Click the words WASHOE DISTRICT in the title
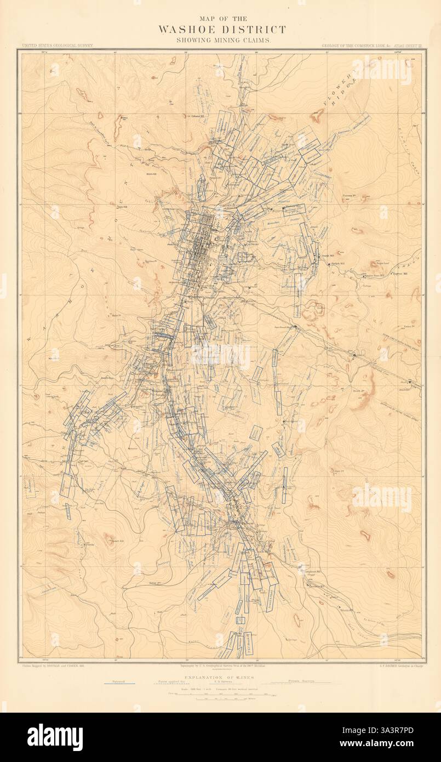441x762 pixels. coord(222,30)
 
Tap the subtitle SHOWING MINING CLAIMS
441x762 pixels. coord(222,41)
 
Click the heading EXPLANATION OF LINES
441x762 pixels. coord(222,679)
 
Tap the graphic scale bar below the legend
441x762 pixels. coord(222,697)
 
